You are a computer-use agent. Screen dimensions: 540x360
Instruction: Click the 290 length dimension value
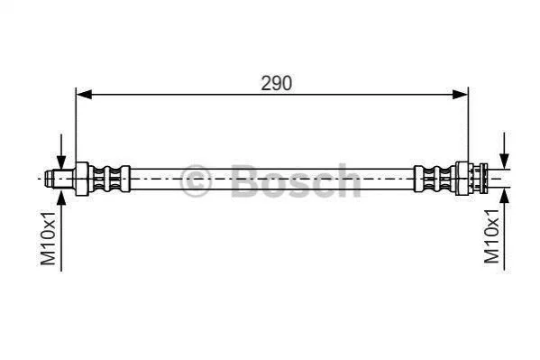pyautogui.click(x=276, y=83)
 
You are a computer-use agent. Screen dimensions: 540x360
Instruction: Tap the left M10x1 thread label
pyautogui.click(x=48, y=238)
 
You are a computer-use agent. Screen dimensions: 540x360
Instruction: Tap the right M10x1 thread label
pyautogui.click(x=491, y=236)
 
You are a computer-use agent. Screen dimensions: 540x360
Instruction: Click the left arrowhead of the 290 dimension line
pyautogui.click(x=84, y=94)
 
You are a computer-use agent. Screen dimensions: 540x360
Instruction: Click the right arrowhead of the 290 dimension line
pyautogui.click(x=460, y=94)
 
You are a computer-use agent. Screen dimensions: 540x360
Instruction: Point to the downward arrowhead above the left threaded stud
pyautogui.click(x=61, y=162)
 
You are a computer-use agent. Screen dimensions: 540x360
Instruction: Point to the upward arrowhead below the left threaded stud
pyautogui.click(x=61, y=196)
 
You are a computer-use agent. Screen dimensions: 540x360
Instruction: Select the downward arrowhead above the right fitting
pyautogui.click(x=504, y=162)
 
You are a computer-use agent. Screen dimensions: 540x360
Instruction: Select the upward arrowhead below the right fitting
pyautogui.click(x=504, y=197)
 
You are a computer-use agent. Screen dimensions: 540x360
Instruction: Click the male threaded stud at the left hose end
pyautogui.click(x=59, y=179)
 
